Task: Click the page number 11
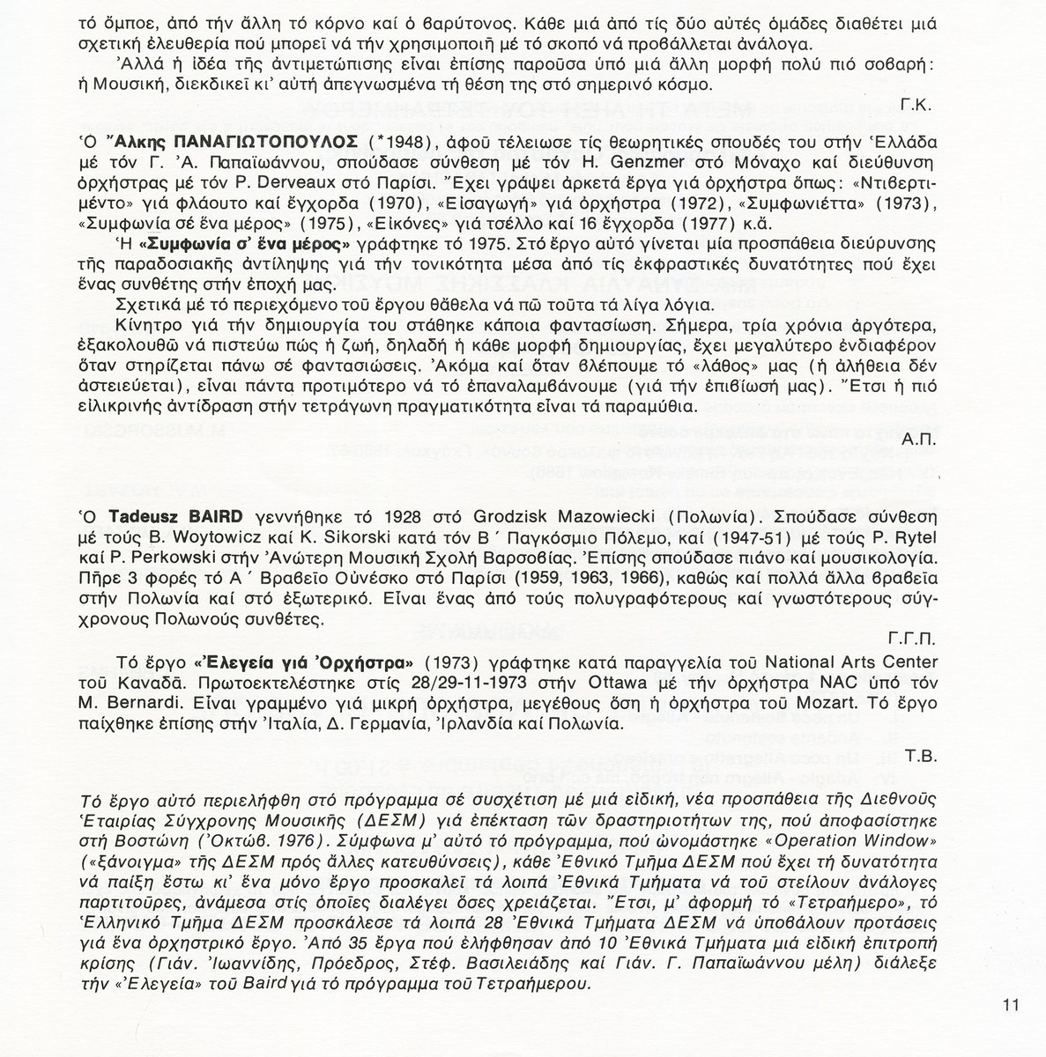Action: click(1010, 1002)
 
